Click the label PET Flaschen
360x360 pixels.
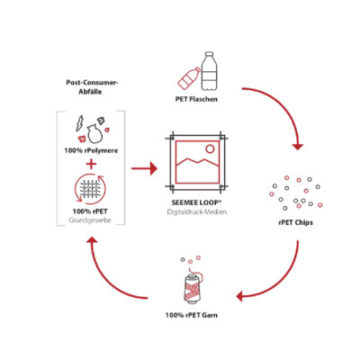(196, 99)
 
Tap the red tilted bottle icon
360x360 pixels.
(189, 77)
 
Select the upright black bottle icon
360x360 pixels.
(209, 71)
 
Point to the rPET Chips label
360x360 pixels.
(295, 222)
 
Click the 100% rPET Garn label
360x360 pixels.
(192, 315)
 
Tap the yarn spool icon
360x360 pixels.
(192, 287)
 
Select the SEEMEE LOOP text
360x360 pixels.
(196, 202)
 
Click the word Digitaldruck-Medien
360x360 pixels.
(197, 212)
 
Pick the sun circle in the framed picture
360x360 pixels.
(210, 148)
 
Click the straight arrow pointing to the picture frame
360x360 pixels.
(144, 168)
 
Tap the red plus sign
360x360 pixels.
(91, 164)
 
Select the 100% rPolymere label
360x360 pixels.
(91, 150)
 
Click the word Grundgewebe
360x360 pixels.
(90, 220)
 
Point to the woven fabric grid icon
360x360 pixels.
(90, 189)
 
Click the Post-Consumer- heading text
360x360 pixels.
(92, 83)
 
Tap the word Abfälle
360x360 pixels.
(90, 92)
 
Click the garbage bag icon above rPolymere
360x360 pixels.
(94, 133)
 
